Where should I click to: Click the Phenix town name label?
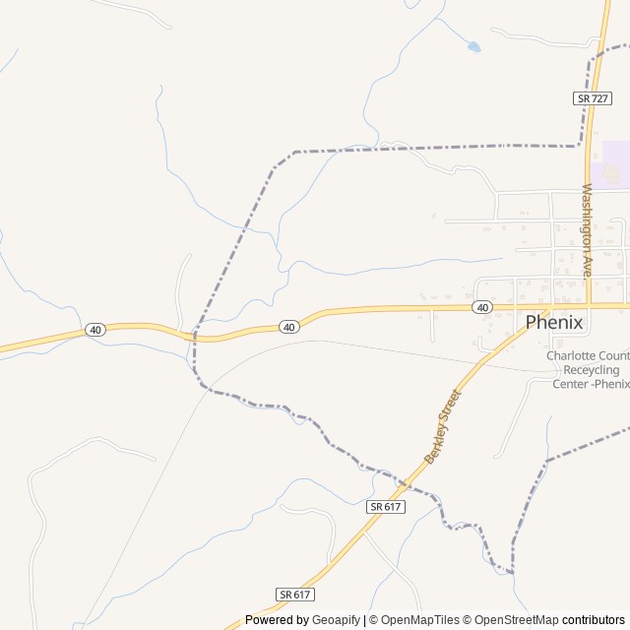click(x=554, y=322)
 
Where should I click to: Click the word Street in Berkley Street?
click(x=453, y=407)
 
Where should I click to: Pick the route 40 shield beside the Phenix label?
click(x=481, y=308)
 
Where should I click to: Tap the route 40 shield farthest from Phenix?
click(x=94, y=330)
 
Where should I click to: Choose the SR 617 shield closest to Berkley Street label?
click(x=386, y=506)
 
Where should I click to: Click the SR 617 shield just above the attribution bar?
click(x=294, y=595)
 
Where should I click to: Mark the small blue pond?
click(x=473, y=46)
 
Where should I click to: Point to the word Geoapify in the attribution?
click(x=336, y=620)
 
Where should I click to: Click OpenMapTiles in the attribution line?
click(x=419, y=620)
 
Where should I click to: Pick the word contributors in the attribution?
click(x=594, y=620)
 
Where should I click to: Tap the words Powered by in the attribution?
click(x=277, y=620)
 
